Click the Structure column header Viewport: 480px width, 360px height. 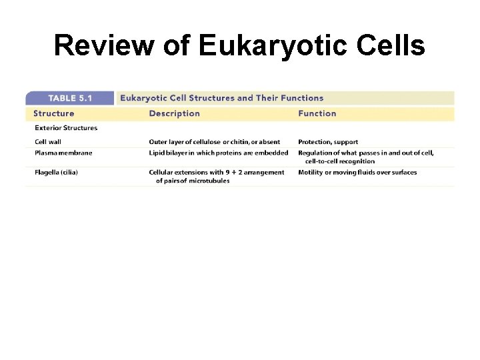click(x=54, y=113)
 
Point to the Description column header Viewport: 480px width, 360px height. click(x=174, y=113)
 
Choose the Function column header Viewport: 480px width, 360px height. click(x=317, y=113)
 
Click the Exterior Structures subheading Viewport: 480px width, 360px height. click(x=65, y=128)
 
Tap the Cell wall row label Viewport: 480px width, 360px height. click(x=50, y=142)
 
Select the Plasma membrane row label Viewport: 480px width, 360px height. click(x=63, y=153)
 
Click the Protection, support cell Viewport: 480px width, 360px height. click(x=327, y=142)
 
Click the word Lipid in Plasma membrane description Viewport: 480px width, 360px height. click(x=157, y=153)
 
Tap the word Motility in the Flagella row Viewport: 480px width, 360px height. click(x=311, y=172)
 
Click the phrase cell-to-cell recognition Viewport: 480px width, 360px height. click(x=340, y=161)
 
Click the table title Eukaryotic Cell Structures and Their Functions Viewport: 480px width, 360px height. click(x=221, y=99)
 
